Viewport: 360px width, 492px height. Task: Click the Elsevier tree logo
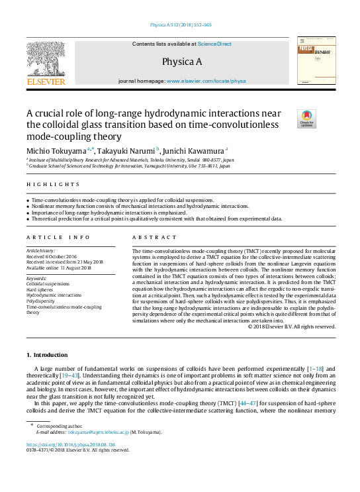46,60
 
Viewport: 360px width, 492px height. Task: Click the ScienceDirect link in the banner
215,44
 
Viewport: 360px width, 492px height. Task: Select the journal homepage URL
206,81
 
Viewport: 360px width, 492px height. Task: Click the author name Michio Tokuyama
57,151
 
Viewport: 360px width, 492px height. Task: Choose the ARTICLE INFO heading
58,236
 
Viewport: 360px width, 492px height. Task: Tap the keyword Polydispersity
42,301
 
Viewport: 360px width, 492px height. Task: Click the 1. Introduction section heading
46,356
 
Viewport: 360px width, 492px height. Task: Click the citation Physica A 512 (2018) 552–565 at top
181,25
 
